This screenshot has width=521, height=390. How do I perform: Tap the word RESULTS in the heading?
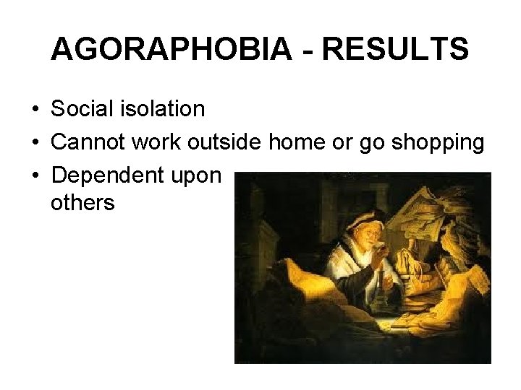point(395,50)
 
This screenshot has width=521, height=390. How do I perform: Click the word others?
point(82,203)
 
